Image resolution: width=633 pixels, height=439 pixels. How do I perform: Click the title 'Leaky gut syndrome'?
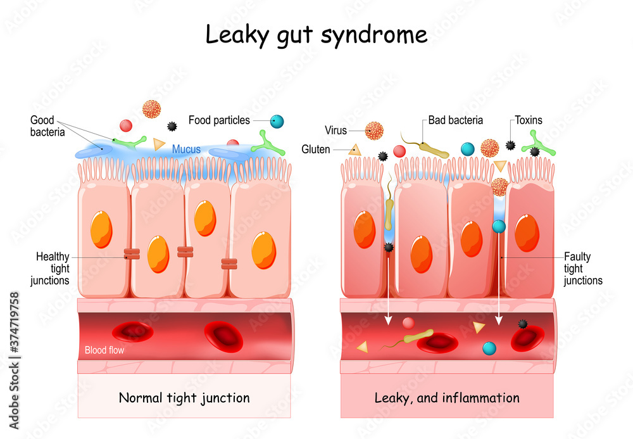(x=316, y=35)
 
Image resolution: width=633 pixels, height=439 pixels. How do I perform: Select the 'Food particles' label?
(x=219, y=120)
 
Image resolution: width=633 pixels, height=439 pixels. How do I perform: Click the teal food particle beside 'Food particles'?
(x=277, y=121)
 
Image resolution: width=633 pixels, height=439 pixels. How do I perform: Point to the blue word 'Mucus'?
(x=186, y=150)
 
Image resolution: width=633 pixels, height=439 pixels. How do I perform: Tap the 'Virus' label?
(x=335, y=130)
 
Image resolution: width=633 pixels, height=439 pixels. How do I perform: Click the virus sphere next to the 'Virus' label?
(x=374, y=131)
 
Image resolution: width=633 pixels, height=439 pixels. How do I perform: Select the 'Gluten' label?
(x=315, y=150)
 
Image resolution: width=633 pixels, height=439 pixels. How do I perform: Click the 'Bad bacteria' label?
(x=455, y=120)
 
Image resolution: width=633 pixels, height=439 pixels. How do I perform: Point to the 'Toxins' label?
(x=528, y=120)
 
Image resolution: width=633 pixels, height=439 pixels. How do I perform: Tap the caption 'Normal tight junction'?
(x=184, y=398)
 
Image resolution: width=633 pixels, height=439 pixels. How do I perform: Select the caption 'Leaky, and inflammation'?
(x=447, y=398)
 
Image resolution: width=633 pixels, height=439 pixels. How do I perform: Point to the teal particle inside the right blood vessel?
(x=489, y=348)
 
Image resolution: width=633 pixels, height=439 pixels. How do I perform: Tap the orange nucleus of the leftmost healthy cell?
(x=101, y=229)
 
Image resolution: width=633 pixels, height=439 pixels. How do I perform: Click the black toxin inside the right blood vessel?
(x=522, y=324)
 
